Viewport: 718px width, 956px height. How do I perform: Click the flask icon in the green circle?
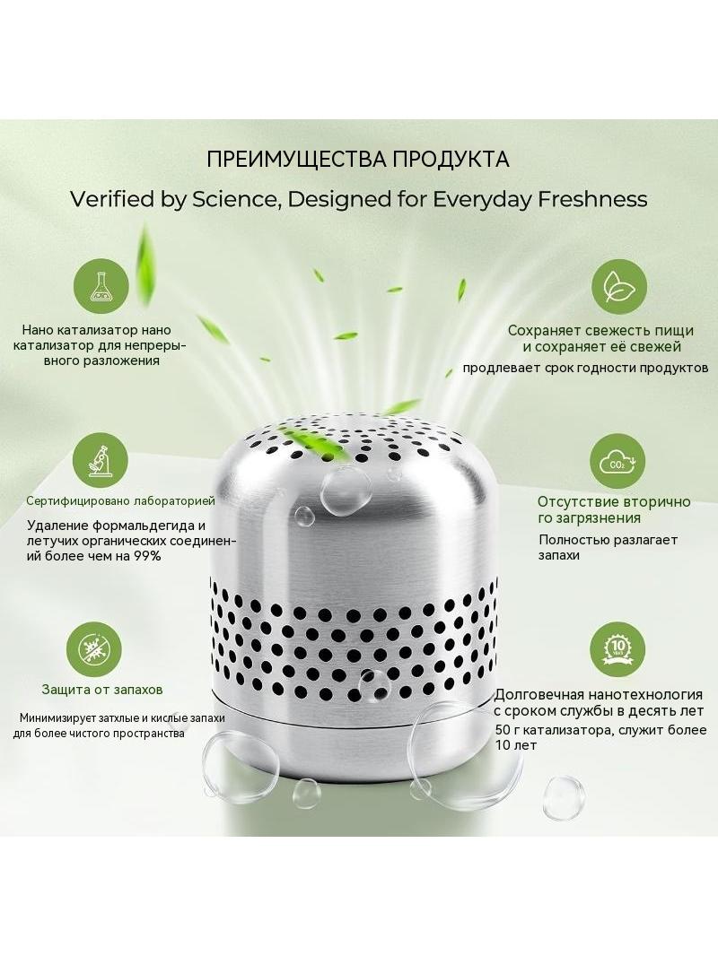[x=101, y=288]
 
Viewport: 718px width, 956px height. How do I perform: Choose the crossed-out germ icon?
[x=94, y=648]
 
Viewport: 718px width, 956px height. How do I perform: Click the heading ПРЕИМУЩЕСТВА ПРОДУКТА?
[x=358, y=159]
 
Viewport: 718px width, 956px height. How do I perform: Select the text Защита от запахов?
[x=102, y=690]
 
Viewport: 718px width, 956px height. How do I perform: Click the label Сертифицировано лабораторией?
[x=121, y=501]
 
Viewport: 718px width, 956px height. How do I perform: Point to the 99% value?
[x=147, y=555]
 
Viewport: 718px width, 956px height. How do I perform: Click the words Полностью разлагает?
[x=609, y=540]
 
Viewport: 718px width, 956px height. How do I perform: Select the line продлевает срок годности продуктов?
[x=586, y=368]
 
